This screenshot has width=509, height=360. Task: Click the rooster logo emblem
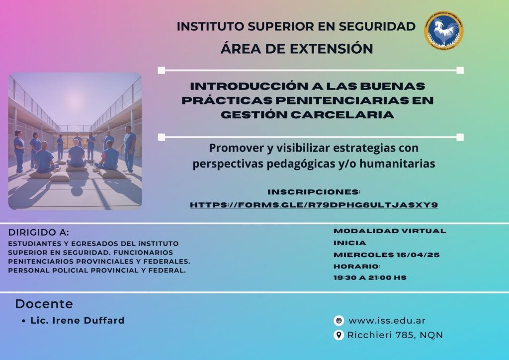444,31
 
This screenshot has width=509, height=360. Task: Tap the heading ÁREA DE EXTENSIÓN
297,49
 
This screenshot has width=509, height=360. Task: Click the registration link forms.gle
314,205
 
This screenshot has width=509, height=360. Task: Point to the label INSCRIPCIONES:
314,192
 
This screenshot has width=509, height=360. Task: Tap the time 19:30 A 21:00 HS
370,278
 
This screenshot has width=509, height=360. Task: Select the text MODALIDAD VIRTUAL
390,231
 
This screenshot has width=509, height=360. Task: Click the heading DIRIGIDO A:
39,232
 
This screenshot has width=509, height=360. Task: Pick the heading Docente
44,304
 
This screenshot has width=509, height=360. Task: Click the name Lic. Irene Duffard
78,320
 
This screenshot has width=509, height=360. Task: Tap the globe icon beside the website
339,321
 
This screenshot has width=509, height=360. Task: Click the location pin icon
339,335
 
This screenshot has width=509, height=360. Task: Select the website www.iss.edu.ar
387,321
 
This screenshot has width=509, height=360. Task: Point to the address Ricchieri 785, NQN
395,335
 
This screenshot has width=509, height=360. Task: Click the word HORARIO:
357,267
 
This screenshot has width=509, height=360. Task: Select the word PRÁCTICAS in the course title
227,100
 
